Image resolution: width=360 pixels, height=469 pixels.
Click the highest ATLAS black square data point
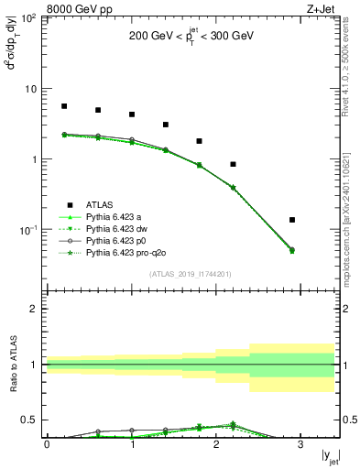64,106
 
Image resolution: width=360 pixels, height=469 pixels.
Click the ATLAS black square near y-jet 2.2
234,164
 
